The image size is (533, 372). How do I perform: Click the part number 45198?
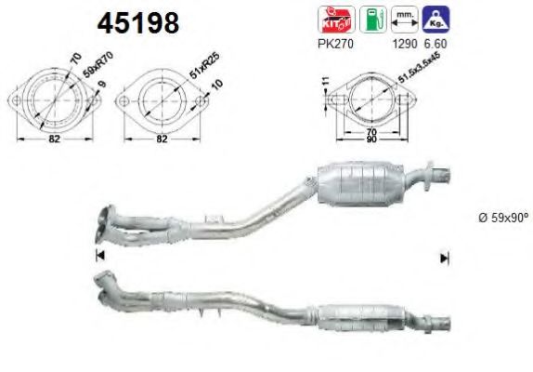tap(138, 23)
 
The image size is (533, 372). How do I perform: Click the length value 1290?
tap(404, 44)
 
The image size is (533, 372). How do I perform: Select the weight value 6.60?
tap(435, 44)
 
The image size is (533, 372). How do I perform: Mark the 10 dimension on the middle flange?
tap(215, 86)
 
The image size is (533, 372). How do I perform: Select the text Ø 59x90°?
tap(496, 219)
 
